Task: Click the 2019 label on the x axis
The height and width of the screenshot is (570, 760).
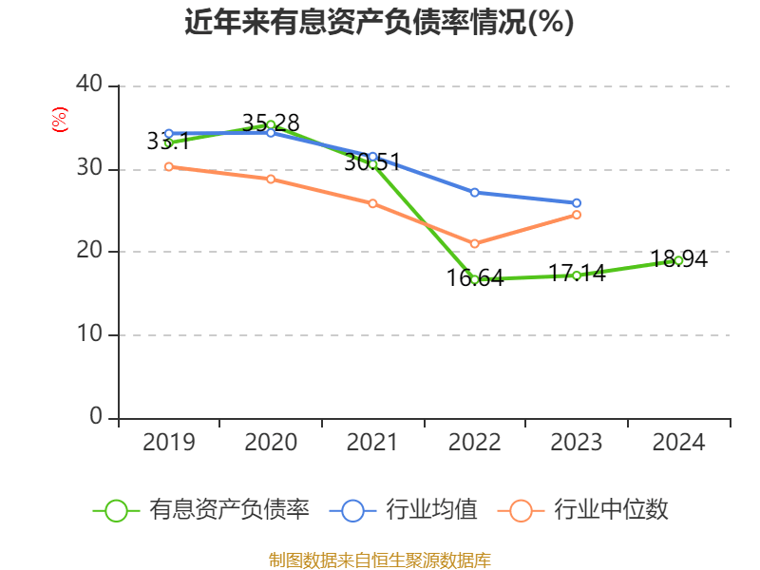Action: pos(169,443)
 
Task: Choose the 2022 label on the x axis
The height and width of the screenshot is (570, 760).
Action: pos(474,443)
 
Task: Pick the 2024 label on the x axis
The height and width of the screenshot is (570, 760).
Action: pos(678,443)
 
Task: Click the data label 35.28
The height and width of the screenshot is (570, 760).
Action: pos(271,123)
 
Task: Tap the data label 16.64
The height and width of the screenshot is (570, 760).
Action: pos(475,278)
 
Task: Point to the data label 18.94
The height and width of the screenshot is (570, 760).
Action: pos(679,258)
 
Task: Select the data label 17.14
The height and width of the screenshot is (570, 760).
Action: pos(577,275)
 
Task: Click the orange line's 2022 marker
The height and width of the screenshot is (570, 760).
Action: pos(474,244)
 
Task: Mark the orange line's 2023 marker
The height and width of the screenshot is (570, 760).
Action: pos(576,215)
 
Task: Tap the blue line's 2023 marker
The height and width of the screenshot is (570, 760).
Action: pos(576,202)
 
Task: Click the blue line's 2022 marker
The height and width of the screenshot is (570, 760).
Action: pos(474,192)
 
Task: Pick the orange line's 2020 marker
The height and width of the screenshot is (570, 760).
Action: pos(271,179)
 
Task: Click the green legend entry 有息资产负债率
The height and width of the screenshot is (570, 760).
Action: pos(201,510)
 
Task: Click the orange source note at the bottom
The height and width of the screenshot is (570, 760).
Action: pos(379,560)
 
